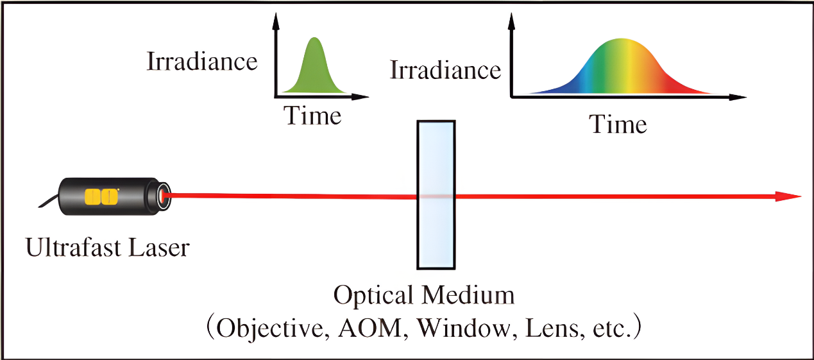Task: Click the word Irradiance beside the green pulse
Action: tap(202, 62)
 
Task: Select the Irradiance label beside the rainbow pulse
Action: tap(446, 69)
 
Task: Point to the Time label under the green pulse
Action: tap(312, 116)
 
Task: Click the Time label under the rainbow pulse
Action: tap(618, 124)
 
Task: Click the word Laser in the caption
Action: tap(158, 248)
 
